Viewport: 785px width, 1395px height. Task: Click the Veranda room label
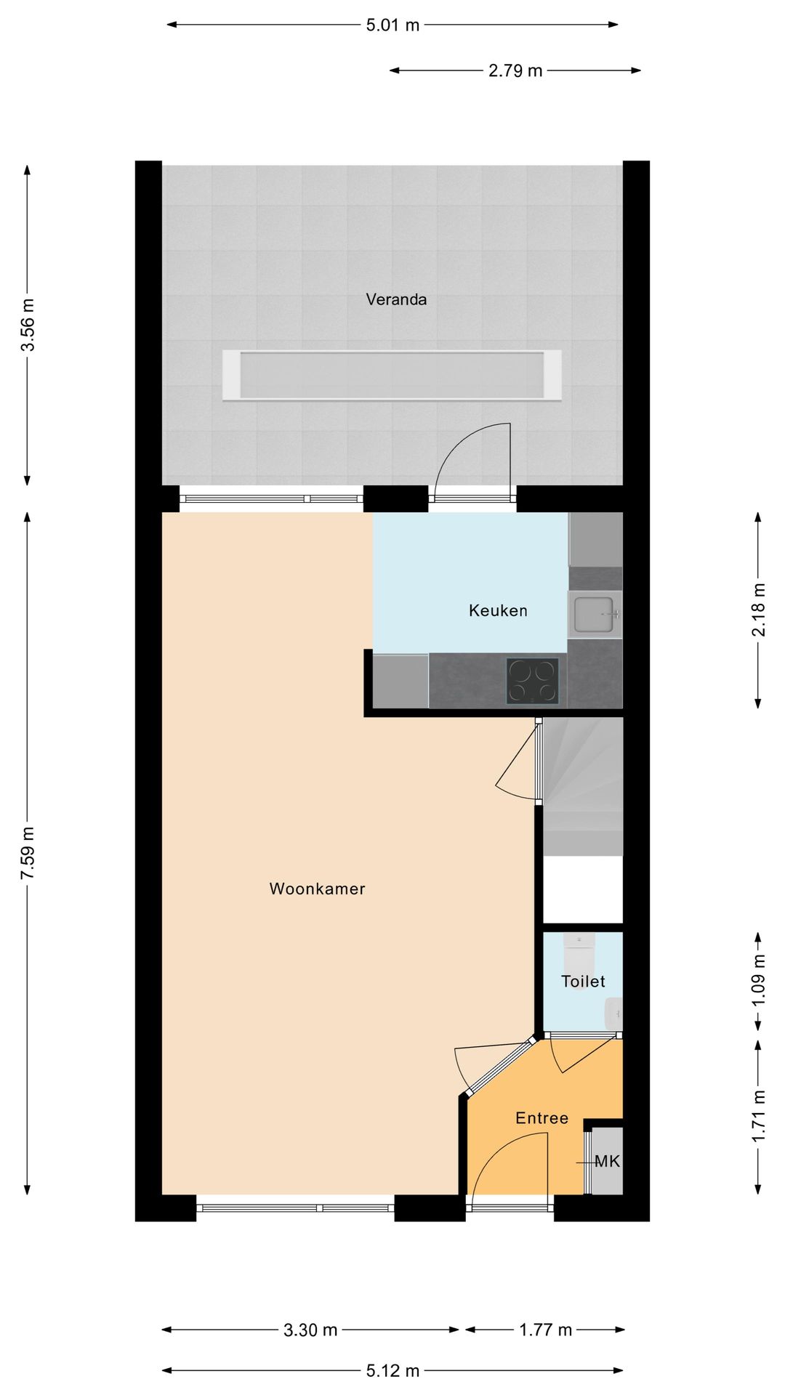(x=396, y=299)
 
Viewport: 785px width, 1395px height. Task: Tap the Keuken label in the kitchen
(x=498, y=610)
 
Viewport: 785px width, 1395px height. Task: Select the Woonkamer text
(x=317, y=889)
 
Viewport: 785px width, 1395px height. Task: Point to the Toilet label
(x=583, y=982)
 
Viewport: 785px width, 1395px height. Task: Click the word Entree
(x=542, y=1118)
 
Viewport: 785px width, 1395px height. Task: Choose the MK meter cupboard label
(x=607, y=1162)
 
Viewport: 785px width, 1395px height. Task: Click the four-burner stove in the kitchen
(x=533, y=681)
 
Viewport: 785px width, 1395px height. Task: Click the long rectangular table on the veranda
(x=392, y=375)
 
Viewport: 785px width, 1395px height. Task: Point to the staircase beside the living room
(x=583, y=787)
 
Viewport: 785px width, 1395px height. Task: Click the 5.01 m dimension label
(x=392, y=25)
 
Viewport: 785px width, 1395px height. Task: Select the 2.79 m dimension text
(x=515, y=70)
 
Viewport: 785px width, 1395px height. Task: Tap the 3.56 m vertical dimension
(x=28, y=325)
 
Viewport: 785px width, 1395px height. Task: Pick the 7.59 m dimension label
(x=28, y=853)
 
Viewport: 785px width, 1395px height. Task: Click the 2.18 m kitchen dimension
(x=758, y=610)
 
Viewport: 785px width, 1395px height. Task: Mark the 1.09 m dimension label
(x=758, y=980)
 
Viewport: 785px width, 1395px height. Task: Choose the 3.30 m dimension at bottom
(x=310, y=1330)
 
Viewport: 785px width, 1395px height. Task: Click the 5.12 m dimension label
(x=392, y=1371)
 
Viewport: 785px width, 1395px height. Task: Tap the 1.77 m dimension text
(x=546, y=1330)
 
